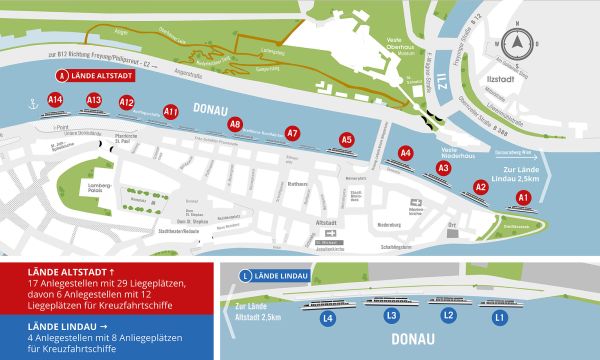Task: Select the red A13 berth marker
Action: pyautogui.click(x=94, y=101)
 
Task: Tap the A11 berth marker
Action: pyautogui.click(x=171, y=112)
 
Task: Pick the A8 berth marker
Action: pyautogui.click(x=235, y=125)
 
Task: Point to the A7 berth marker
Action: pyautogui.click(x=292, y=133)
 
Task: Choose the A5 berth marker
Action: pyautogui.click(x=347, y=140)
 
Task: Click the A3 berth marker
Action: pyautogui.click(x=443, y=169)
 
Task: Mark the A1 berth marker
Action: pyautogui.click(x=523, y=198)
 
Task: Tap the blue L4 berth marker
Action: pyautogui.click(x=328, y=319)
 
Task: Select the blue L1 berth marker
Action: pyautogui.click(x=500, y=317)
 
